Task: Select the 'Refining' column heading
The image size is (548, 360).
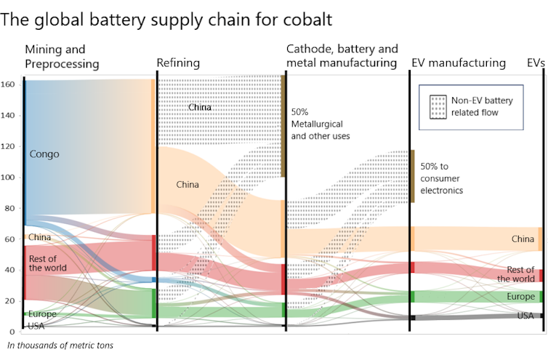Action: coord(178,63)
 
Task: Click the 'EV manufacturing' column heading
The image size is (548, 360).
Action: coord(458,63)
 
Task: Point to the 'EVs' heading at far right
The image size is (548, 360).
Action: coord(536,63)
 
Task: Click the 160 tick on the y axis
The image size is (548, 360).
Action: coord(10,84)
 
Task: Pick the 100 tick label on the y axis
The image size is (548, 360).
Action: coord(10,177)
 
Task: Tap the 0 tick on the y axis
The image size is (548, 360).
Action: coord(14,332)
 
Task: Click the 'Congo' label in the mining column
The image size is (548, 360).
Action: coord(44,154)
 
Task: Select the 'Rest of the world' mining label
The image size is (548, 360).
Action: coord(48,263)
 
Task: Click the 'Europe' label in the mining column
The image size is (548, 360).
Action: coord(42,314)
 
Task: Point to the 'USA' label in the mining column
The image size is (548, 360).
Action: coord(36,326)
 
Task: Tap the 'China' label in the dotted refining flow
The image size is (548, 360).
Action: coord(200,108)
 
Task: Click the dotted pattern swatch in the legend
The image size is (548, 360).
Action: coord(438,107)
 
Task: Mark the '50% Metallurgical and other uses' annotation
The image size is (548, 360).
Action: coord(321,124)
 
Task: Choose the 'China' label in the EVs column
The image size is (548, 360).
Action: coord(523,239)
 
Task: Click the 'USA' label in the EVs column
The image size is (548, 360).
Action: coord(525,316)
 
